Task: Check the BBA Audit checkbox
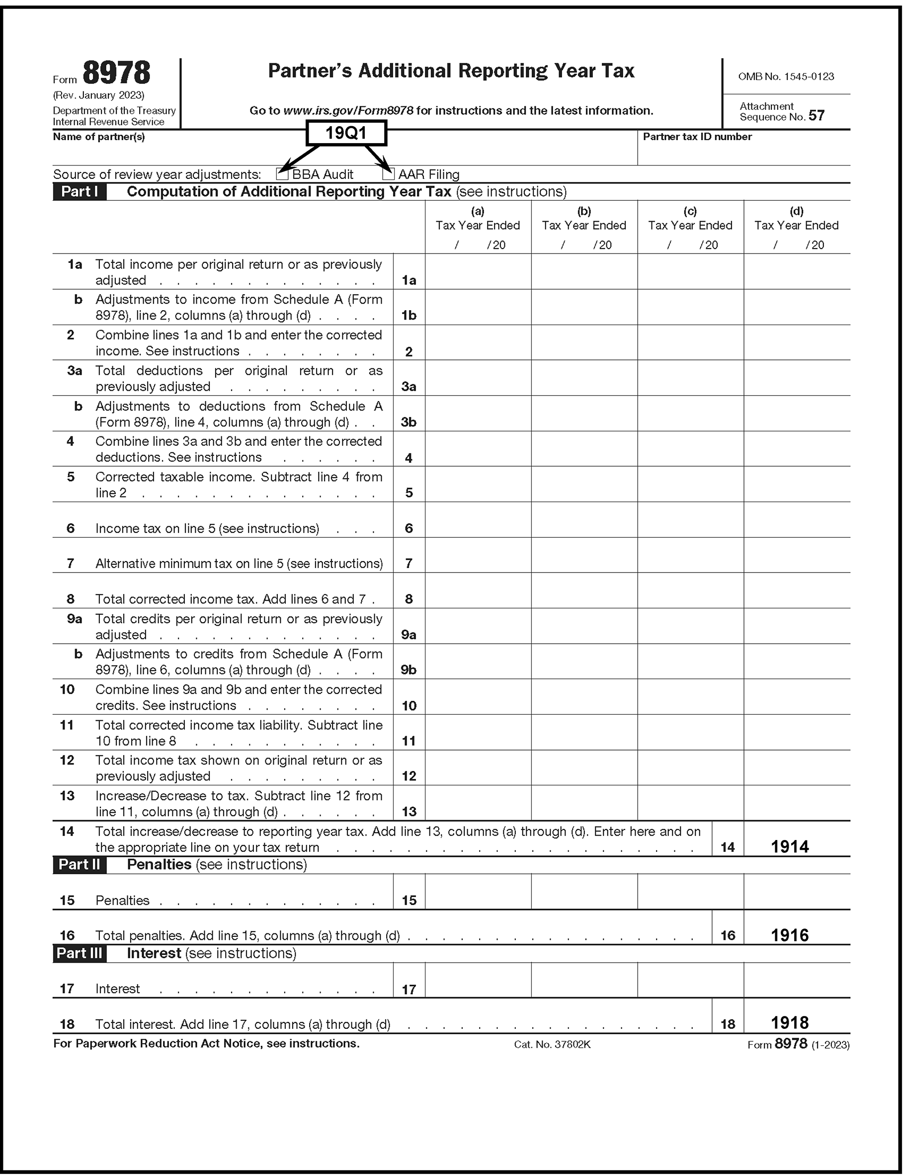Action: point(282,173)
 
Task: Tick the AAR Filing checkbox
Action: point(388,173)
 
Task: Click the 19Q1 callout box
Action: point(346,133)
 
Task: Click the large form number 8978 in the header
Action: point(117,73)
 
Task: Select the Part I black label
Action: point(79,192)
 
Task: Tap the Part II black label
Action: point(79,864)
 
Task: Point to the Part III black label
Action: point(79,953)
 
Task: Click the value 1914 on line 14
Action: point(790,846)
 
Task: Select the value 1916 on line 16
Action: point(790,935)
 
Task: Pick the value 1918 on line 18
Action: point(790,1022)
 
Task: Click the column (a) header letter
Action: point(477,211)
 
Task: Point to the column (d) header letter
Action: point(797,211)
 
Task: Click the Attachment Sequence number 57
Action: point(816,116)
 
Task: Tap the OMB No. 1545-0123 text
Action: point(786,77)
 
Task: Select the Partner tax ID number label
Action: point(697,137)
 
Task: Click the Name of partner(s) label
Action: point(98,137)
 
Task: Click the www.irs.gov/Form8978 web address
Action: point(348,111)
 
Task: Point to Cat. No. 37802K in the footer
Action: point(552,1044)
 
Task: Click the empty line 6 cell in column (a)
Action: point(478,520)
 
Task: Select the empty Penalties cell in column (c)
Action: point(691,891)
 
